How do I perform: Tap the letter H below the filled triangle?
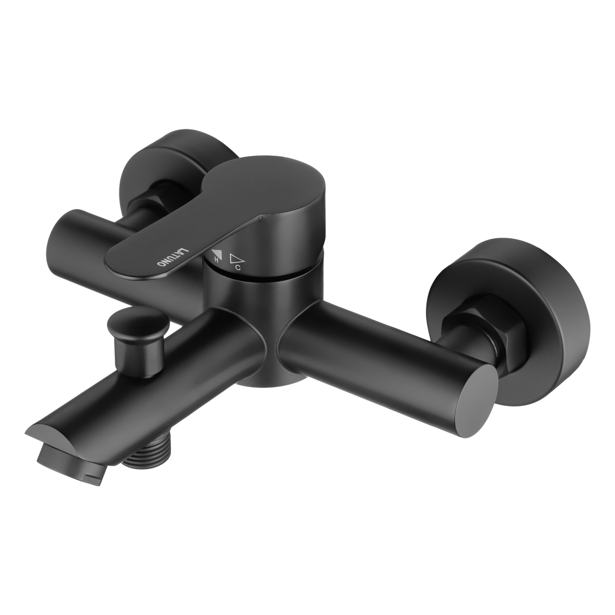click(216, 260)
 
